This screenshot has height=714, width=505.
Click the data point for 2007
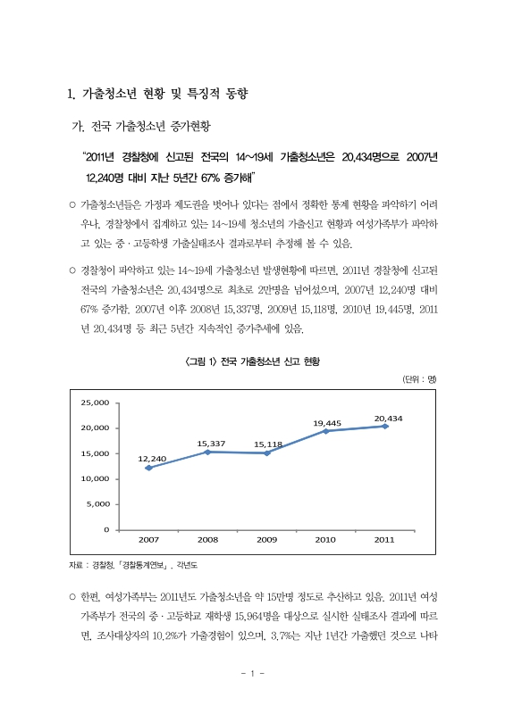[x=148, y=468]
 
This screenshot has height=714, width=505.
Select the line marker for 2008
[x=207, y=452]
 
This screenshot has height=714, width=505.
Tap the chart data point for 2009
[x=266, y=452]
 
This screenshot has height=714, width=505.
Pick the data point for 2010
[x=325, y=431]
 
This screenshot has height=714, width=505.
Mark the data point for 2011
[x=384, y=426]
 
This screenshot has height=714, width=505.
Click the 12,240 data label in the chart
[x=151, y=459]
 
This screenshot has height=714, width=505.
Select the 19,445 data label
[x=327, y=422]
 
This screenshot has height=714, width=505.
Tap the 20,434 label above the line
[x=388, y=418]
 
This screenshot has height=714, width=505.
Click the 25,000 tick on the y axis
[x=95, y=403]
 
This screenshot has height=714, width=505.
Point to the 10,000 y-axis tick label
[x=95, y=479]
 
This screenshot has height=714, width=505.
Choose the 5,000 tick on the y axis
[x=97, y=504]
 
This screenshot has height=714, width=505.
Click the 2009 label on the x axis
[x=266, y=540]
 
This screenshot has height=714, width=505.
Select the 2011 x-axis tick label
[x=384, y=540]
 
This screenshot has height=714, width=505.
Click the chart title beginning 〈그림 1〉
[x=252, y=361]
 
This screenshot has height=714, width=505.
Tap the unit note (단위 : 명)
[x=418, y=380]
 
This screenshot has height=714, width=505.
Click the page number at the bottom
[x=253, y=673]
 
